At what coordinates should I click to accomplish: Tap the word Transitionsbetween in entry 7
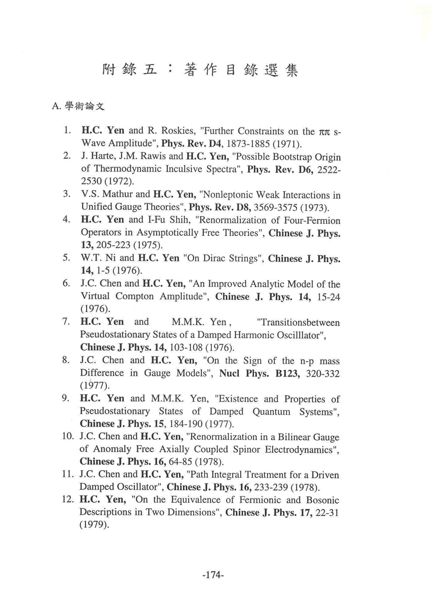(298, 322)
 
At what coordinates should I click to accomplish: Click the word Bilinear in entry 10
(296, 437)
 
